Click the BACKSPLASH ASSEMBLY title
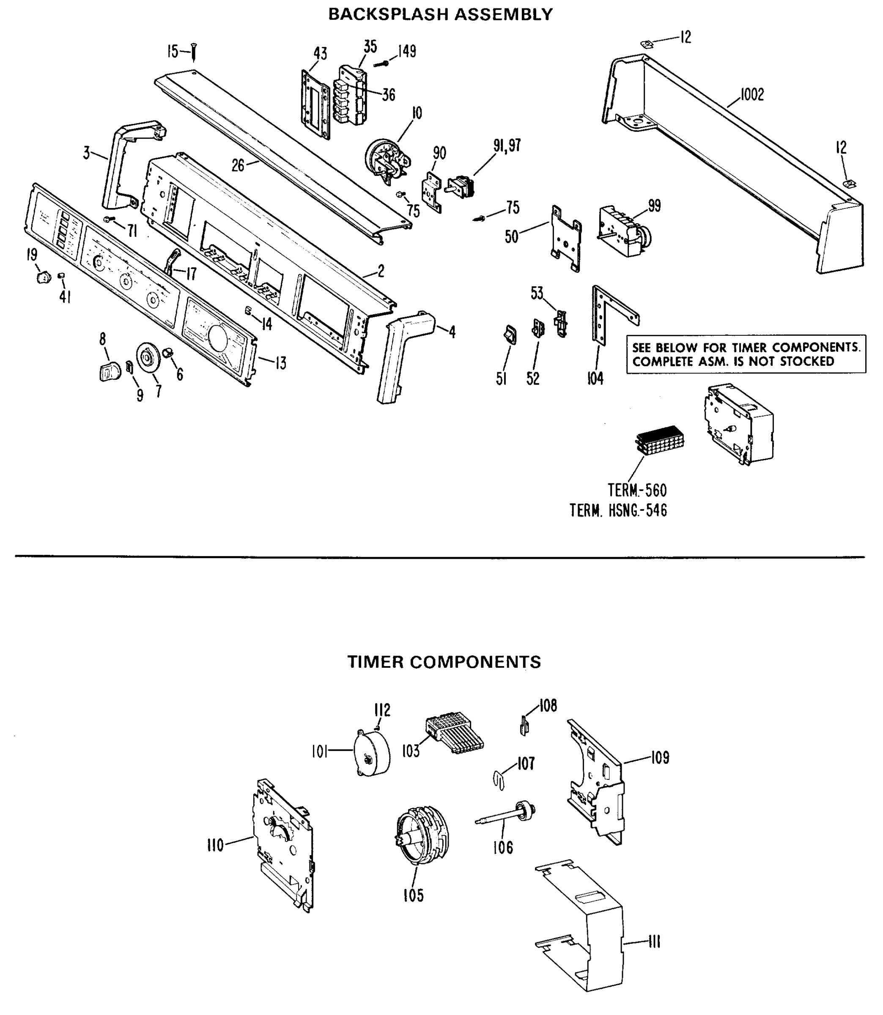440,14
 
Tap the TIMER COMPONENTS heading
444,662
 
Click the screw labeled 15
194,52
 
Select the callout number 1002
752,94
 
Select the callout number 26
238,165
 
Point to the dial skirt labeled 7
149,358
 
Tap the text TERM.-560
636,490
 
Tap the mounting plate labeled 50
566,238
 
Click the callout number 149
407,51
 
